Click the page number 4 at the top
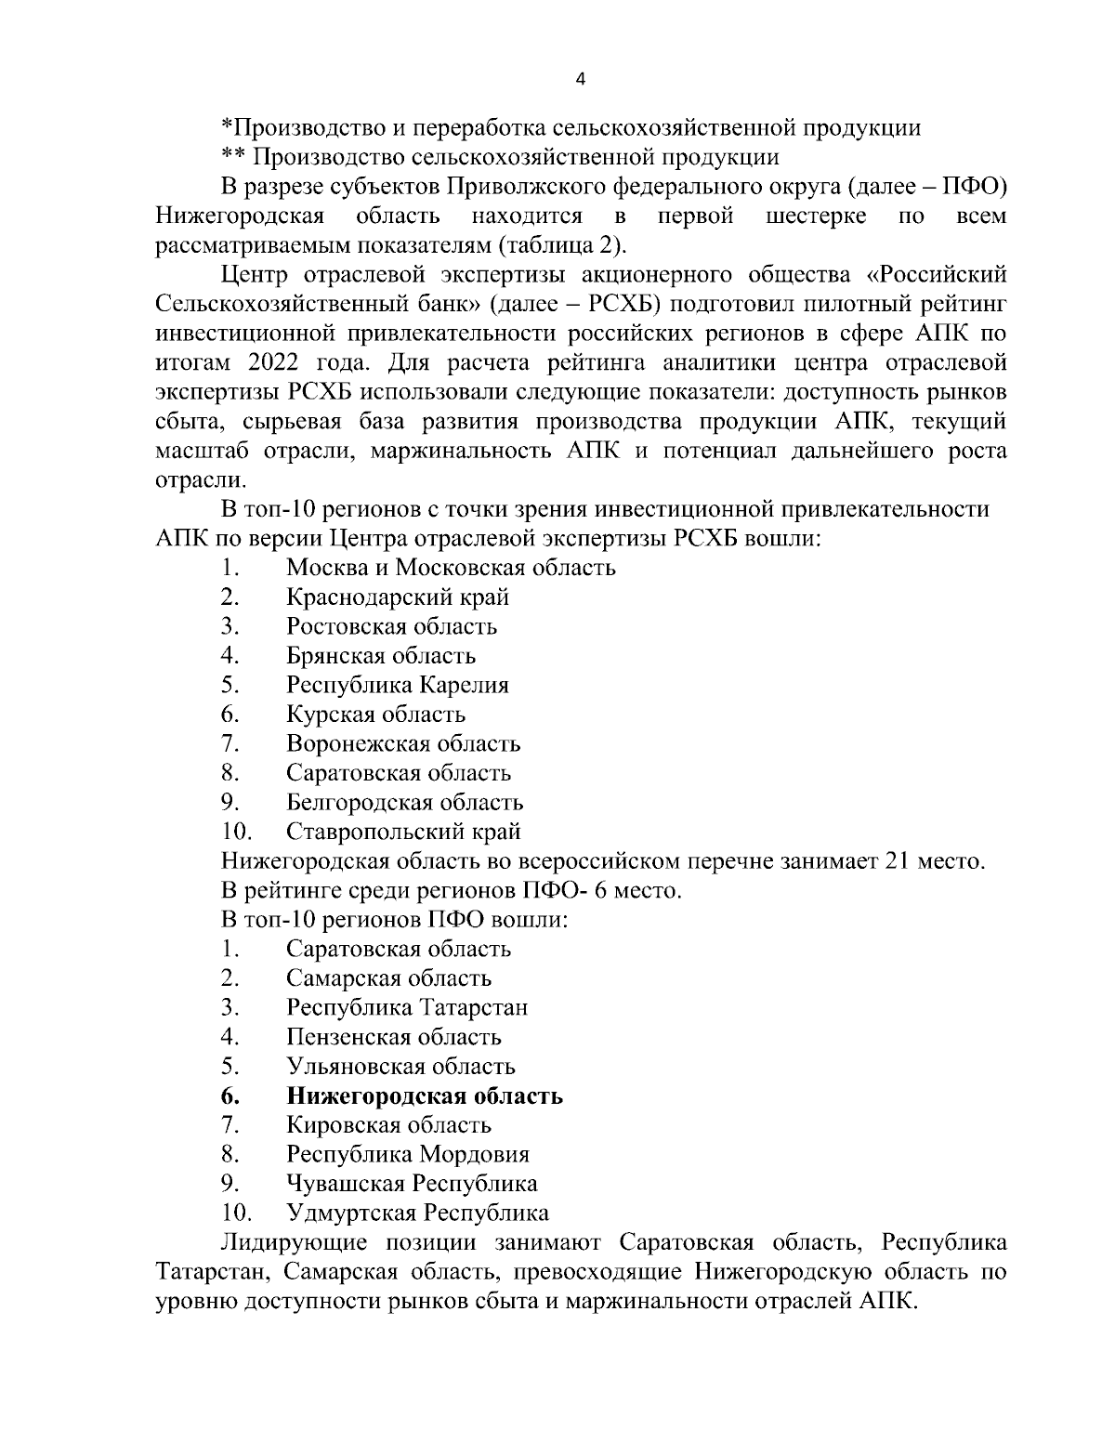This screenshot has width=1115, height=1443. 581,80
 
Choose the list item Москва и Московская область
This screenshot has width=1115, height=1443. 451,568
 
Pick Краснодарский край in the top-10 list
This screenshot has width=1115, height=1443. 398,597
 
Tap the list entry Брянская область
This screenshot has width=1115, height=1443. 381,656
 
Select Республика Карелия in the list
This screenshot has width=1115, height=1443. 398,686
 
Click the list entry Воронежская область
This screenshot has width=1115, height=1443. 403,744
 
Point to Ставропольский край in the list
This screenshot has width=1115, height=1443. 403,832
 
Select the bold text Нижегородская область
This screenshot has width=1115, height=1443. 425,1096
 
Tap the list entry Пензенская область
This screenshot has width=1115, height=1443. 394,1037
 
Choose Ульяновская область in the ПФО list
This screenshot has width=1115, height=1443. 400,1067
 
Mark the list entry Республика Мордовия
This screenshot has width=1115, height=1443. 408,1155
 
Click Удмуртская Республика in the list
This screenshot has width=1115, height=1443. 417,1213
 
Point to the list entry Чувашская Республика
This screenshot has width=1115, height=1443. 412,1184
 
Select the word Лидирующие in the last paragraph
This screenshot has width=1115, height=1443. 292,1243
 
